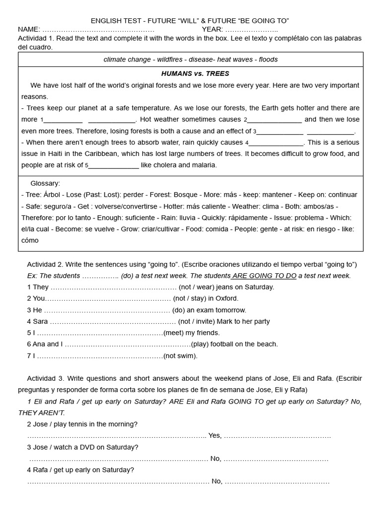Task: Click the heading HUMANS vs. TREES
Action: pyautogui.click(x=188, y=74)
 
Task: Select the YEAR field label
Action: pyautogui.click(x=212, y=29)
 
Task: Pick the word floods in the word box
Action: pyautogui.click(x=267, y=59)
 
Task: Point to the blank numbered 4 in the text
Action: pyautogui.click(x=276, y=143)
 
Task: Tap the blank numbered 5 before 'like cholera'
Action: pyautogui.click(x=113, y=165)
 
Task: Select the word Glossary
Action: pyautogui.click(x=45, y=183)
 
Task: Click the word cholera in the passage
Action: pyautogui.click(x=167, y=165)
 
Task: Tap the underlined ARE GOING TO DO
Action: pyautogui.click(x=264, y=276)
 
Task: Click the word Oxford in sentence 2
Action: pyautogui.click(x=227, y=299)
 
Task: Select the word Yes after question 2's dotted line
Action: pyautogui.click(x=215, y=436)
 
